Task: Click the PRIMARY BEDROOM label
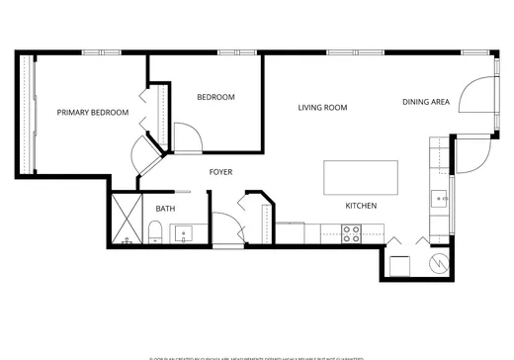(x=93, y=113)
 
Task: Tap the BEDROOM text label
(x=215, y=97)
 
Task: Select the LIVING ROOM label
(x=322, y=108)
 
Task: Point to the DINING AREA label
(x=426, y=102)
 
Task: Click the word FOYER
(x=220, y=172)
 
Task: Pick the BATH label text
(x=165, y=209)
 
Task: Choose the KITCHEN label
(x=360, y=206)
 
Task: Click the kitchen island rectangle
(x=361, y=178)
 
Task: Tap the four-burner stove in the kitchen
(x=351, y=233)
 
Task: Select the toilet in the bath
(x=154, y=232)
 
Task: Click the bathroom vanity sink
(x=182, y=234)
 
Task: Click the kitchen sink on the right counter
(x=441, y=198)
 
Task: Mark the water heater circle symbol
(x=439, y=263)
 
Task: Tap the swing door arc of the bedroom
(x=187, y=136)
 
